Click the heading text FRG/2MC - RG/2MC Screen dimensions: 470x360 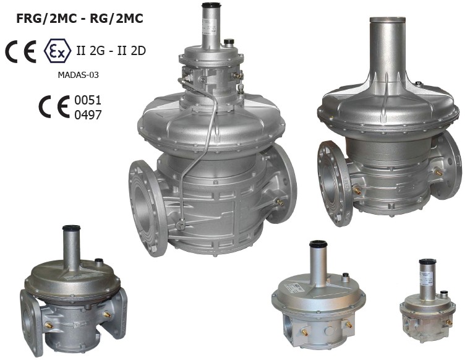coord(80,19)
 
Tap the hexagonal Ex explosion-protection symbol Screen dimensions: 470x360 coord(58,51)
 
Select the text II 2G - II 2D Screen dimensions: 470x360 coord(111,51)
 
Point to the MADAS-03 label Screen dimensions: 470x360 coord(78,75)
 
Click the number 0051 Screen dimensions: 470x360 coord(88,100)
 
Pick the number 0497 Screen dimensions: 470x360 coord(88,115)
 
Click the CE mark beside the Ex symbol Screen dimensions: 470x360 coord(20,51)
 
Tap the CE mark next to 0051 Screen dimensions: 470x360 coord(54,107)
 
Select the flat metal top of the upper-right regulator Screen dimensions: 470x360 coord(388,20)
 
